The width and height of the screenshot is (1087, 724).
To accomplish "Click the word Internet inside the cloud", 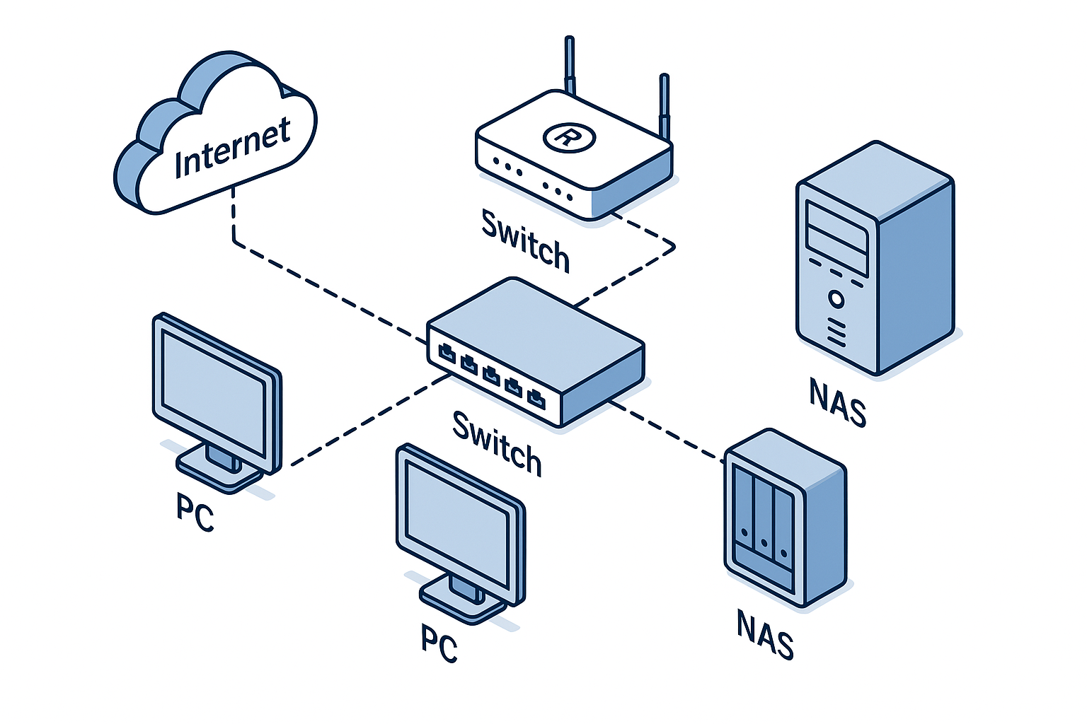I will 232,147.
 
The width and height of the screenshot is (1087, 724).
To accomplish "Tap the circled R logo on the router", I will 568,136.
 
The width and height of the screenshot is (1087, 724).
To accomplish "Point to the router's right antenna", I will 664,106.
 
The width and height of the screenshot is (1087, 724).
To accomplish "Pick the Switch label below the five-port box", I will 497,443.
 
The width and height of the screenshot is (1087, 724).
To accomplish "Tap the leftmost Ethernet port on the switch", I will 447,350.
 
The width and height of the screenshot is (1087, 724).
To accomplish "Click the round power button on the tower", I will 836,299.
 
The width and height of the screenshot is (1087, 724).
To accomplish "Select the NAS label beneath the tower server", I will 838,402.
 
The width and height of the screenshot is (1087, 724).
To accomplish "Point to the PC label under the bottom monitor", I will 439,643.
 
